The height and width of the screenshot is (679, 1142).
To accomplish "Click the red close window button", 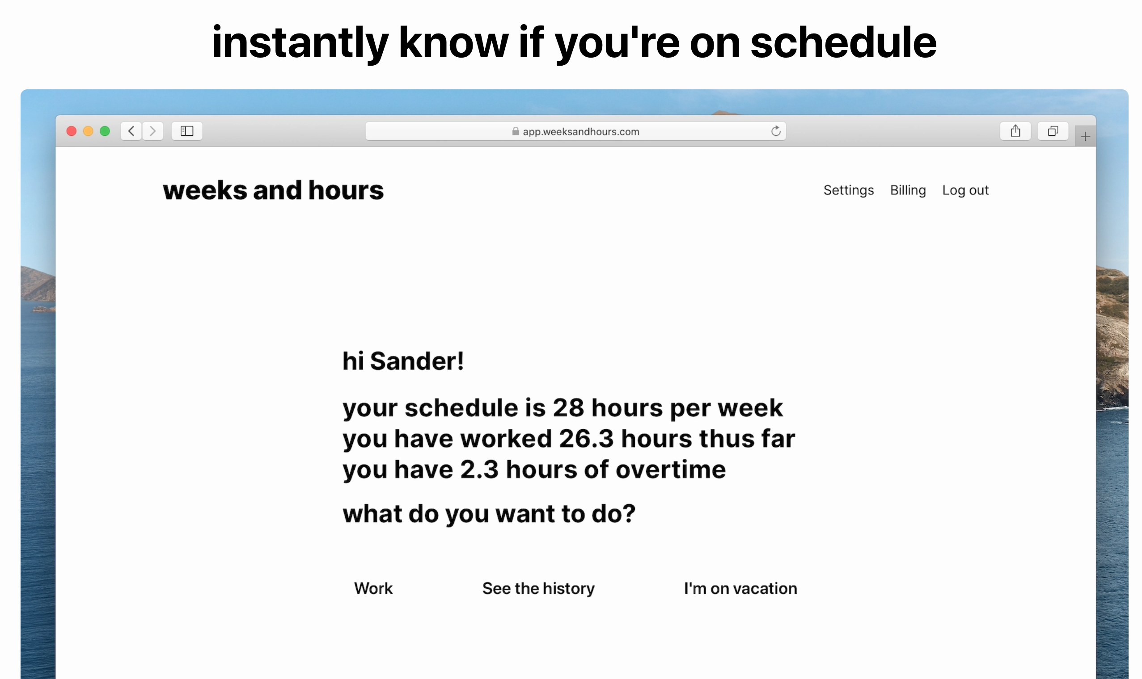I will [x=72, y=131].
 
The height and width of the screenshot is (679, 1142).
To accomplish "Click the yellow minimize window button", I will [x=88, y=131].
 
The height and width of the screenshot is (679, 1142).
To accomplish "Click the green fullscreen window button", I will [x=105, y=131].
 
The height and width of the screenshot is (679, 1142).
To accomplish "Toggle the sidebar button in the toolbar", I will [x=187, y=131].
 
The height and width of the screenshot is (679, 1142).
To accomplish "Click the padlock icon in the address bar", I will [x=516, y=131].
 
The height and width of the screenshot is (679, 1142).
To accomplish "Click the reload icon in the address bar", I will [x=776, y=131].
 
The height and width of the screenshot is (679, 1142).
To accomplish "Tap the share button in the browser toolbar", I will [x=1015, y=131].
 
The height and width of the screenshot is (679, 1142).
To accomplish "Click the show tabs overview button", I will [x=1053, y=131].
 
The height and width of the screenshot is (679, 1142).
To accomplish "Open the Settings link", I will [x=849, y=190].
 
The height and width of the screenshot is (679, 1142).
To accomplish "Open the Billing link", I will [x=908, y=190].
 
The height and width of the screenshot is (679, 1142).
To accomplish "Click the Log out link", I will [x=965, y=190].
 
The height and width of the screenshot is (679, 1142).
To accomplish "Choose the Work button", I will [x=373, y=588].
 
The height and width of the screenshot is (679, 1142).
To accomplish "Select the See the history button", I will [x=538, y=588].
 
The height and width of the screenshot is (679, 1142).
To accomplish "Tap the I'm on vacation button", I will [x=740, y=588].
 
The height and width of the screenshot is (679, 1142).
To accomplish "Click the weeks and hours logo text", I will [x=273, y=190].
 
